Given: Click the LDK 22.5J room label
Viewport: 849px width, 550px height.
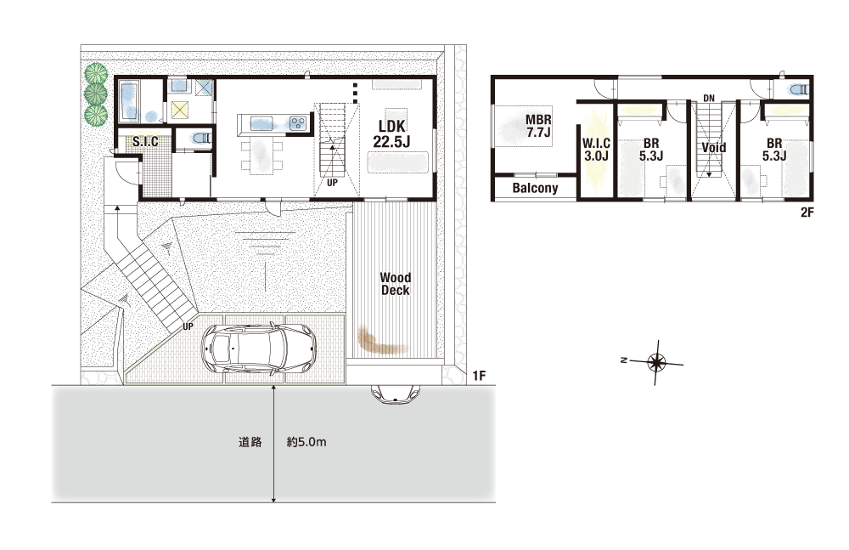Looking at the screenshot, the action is point(391,134).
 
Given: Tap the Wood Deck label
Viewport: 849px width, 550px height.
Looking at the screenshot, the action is point(396,284).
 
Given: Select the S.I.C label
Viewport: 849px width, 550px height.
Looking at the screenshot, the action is point(146,142).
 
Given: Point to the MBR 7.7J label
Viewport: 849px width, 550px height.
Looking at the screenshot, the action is point(538,126).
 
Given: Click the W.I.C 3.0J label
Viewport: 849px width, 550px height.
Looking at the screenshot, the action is point(596,150).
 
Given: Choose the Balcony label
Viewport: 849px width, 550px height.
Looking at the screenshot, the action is point(535,188).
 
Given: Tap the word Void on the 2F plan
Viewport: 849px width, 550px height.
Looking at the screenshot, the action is point(714,148).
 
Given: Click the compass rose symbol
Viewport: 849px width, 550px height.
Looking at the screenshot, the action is point(656,362).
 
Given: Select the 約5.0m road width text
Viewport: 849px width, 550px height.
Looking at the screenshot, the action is point(306,442).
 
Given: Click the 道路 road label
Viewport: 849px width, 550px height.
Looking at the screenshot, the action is point(250,442).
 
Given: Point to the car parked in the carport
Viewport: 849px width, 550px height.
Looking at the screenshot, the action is point(257,349).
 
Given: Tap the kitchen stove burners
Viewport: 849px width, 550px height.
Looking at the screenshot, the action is point(298,123).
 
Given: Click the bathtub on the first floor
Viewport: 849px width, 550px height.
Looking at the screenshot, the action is point(130,101).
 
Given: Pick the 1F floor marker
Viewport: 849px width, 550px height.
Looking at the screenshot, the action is point(479,375).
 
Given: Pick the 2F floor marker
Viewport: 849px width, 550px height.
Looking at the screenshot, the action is point(807,213).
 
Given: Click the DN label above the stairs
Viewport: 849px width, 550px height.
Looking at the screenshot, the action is point(709,98).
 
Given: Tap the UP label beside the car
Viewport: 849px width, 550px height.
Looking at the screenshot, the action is point(188,326).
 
